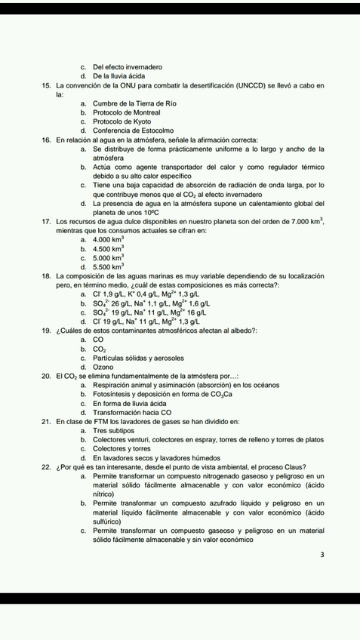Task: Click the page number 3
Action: pyautogui.click(x=322, y=555)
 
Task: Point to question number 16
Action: pyautogui.click(x=47, y=140)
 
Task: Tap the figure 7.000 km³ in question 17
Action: pyautogui.click(x=302, y=222)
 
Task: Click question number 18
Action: pyautogui.click(x=47, y=277)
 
